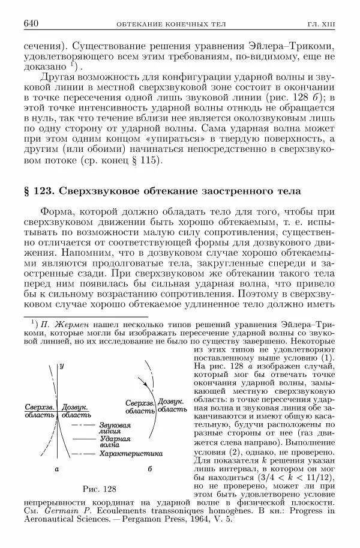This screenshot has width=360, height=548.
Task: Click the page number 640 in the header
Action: (x=31, y=23)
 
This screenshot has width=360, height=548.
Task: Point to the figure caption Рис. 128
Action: (x=99, y=488)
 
